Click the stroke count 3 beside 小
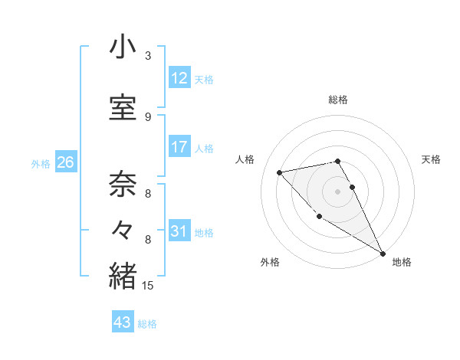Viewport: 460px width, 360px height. click(x=148, y=56)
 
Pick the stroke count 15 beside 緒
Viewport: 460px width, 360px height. click(x=148, y=286)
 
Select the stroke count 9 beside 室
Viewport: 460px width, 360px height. click(x=148, y=116)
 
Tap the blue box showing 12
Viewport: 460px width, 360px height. click(x=179, y=78)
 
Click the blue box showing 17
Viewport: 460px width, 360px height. click(x=179, y=147)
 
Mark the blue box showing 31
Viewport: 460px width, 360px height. click(x=179, y=231)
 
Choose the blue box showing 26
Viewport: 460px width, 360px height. click(x=65, y=162)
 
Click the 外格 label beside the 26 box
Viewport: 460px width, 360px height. click(x=41, y=163)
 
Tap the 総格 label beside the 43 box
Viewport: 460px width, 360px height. click(x=147, y=324)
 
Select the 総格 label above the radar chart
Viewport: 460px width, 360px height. click(x=338, y=100)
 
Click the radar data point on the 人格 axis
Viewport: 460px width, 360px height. click(x=280, y=172)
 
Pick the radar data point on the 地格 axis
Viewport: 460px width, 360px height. click(x=383, y=253)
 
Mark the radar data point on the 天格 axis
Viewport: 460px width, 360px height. click(x=352, y=187)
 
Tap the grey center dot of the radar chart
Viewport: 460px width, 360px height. click(x=338, y=191)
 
